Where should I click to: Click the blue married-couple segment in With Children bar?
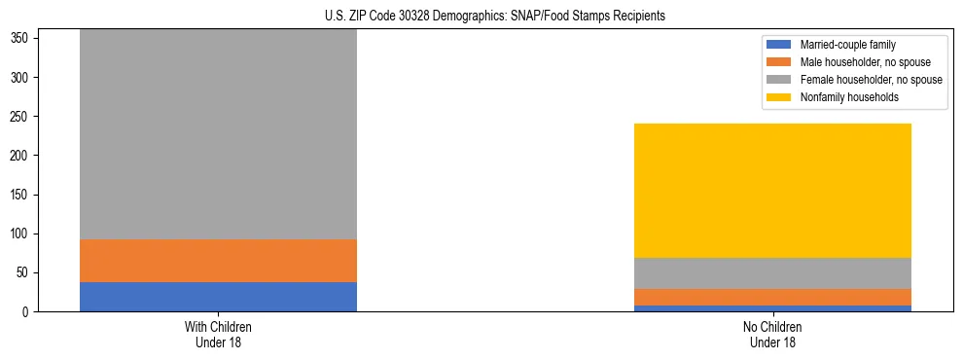[218, 297]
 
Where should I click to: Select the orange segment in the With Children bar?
[218, 261]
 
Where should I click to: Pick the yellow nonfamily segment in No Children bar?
[772, 191]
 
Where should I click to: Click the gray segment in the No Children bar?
[772, 273]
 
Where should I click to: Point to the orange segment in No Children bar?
[772, 297]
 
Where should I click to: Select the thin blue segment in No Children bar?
[772, 308]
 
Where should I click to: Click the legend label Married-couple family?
[848, 45]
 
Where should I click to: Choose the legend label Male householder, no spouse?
[866, 62]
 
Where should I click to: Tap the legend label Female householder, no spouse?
[871, 80]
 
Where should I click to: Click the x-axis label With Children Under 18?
[218, 334]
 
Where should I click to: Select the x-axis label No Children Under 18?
[772, 334]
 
